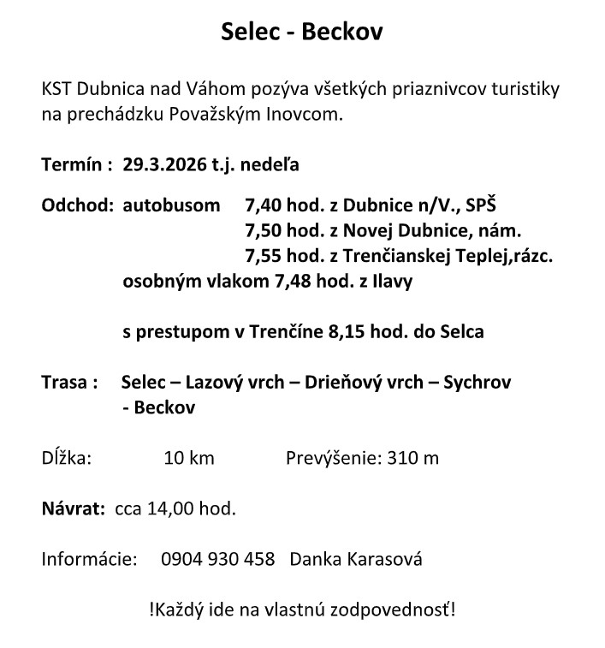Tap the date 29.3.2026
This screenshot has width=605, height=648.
165,163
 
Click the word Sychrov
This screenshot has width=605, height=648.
477,382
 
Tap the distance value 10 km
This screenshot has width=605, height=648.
188,458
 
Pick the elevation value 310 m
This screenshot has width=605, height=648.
413,458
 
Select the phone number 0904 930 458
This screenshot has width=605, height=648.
217,560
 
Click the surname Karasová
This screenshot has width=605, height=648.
383,560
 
